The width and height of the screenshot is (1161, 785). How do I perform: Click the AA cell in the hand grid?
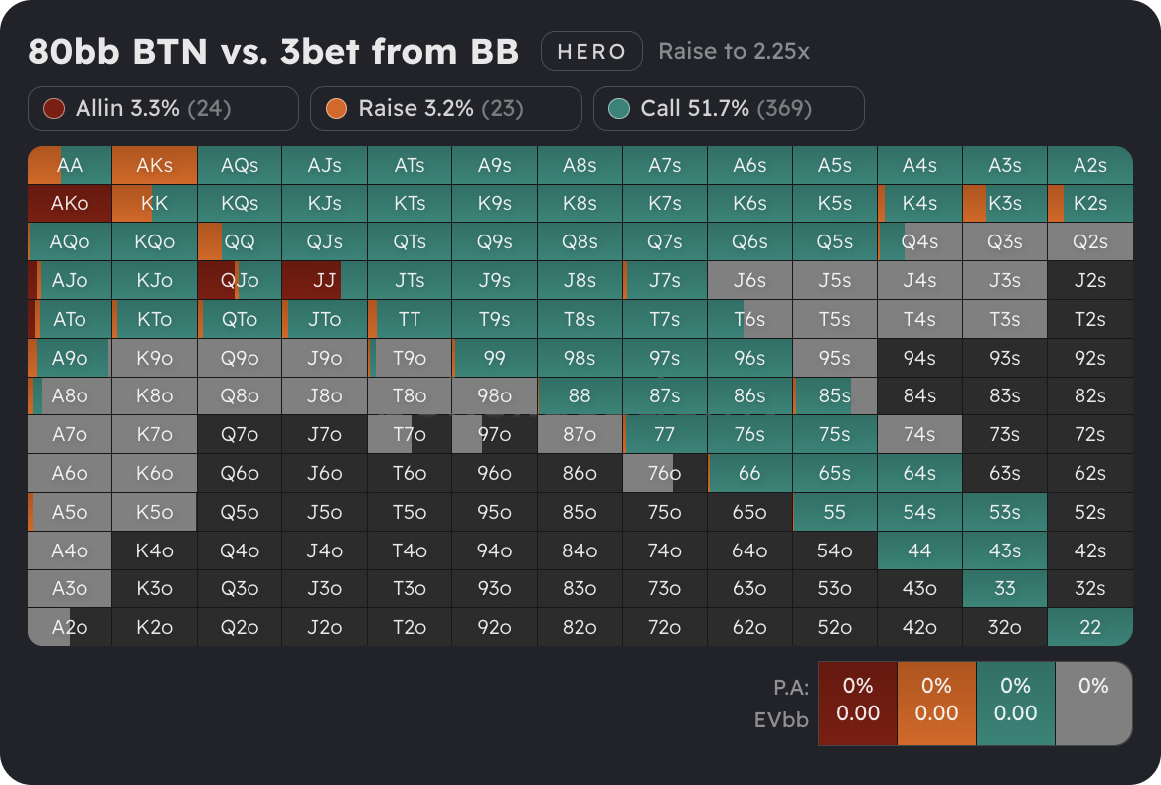pyautogui.click(x=70, y=165)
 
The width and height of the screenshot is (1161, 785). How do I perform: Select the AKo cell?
pyautogui.click(x=70, y=203)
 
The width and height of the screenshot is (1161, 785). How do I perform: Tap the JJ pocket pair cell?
pyautogui.click(x=324, y=280)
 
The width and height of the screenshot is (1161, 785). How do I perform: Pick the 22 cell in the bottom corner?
pyautogui.click(x=1090, y=627)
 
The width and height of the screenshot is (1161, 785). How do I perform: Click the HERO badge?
pyautogui.click(x=591, y=52)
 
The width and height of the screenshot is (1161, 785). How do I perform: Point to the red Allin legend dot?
pyautogui.click(x=55, y=108)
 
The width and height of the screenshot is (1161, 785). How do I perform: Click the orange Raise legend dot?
pyautogui.click(x=337, y=108)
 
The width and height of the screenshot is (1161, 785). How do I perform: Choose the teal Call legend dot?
pyautogui.click(x=619, y=108)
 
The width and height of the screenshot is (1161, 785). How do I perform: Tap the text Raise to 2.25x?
pyautogui.click(x=734, y=52)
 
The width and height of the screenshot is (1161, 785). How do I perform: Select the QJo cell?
pyautogui.click(x=240, y=280)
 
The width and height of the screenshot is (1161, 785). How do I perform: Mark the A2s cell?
pyautogui.click(x=1090, y=165)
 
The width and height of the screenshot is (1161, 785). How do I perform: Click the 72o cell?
pyautogui.click(x=664, y=627)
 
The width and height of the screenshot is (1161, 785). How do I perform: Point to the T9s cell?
pyautogui.click(x=494, y=319)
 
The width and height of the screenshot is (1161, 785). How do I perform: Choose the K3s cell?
pyautogui.click(x=1005, y=203)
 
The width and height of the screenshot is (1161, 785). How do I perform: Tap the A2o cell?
pyautogui.click(x=70, y=627)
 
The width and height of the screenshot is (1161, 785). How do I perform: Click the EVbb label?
pyautogui.click(x=781, y=719)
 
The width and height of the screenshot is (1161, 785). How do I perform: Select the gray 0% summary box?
pyautogui.click(x=1093, y=703)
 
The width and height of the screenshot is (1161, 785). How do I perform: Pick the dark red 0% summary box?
pyautogui.click(x=857, y=703)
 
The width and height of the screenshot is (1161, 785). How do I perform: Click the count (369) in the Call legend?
pyautogui.click(x=784, y=108)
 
